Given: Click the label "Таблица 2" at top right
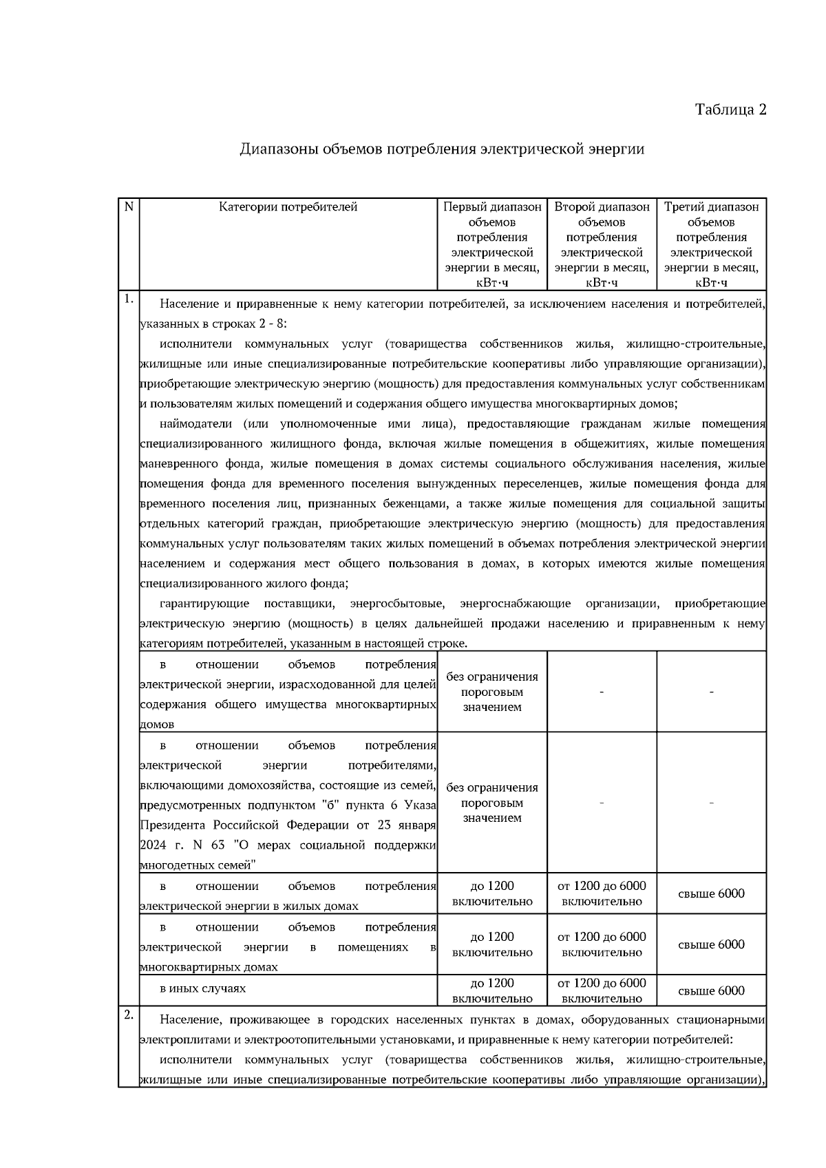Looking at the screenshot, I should (x=730, y=110).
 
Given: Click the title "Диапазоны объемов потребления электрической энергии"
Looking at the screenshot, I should (x=442, y=149).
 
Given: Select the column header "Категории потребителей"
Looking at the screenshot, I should (x=288, y=206).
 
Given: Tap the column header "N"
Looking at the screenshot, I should (x=128, y=206).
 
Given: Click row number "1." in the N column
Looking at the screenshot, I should (x=128, y=299).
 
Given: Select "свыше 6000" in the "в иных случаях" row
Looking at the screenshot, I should (x=711, y=991).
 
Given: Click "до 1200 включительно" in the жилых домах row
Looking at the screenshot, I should (x=492, y=893).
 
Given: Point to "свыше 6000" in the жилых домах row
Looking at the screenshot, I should (x=711, y=893).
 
